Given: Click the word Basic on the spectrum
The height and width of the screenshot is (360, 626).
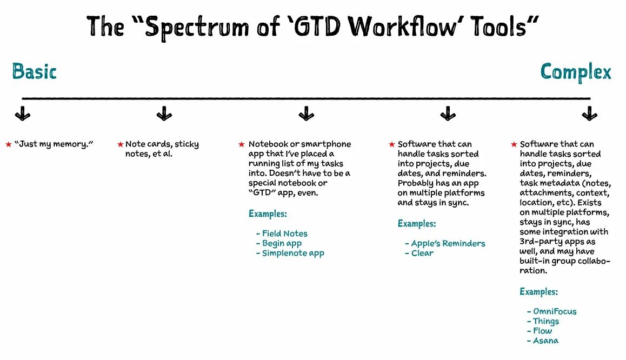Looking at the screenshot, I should [34, 71].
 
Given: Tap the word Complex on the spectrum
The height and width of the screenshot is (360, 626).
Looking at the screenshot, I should [576, 72].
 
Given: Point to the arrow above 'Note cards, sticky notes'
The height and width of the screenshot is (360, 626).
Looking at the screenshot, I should [164, 114].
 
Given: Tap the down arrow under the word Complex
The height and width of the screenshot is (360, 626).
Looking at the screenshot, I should [589, 114].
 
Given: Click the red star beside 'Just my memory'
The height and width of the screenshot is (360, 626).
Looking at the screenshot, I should [8, 144].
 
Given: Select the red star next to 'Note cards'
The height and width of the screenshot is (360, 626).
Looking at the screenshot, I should [120, 144].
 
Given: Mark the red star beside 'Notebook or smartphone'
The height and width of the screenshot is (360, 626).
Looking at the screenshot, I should [242, 144].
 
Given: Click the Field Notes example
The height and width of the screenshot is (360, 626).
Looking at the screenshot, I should [284, 234].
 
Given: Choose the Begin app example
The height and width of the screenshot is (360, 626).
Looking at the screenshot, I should [282, 243].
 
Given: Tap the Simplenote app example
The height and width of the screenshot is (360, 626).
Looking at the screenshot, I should [293, 253].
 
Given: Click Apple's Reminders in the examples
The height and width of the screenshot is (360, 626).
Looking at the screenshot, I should [448, 243].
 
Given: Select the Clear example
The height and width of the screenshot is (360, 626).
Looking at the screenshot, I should [422, 253].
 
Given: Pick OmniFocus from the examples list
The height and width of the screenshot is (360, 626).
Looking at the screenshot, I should [555, 311].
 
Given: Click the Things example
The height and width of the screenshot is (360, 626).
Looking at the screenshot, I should [545, 321].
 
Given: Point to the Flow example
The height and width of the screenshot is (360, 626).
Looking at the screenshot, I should [542, 331].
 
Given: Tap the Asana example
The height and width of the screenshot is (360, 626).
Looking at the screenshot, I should [545, 341].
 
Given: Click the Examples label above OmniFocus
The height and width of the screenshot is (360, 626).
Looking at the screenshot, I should [538, 292].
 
